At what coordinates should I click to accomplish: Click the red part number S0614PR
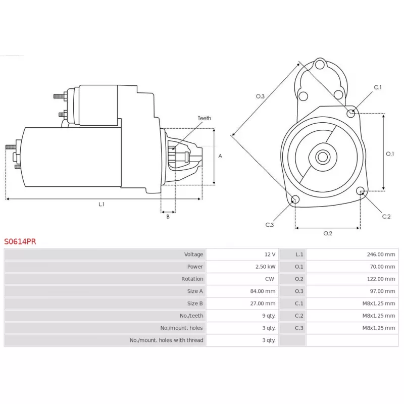point(20,241)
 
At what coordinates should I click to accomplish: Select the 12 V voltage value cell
point(269,254)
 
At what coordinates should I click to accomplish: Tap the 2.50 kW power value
point(265,267)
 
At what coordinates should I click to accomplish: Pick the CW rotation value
point(270,279)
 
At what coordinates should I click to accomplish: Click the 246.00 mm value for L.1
point(382,254)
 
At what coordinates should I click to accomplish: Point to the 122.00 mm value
point(382,279)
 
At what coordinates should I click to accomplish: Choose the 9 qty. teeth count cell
point(269,316)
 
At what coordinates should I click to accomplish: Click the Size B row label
point(195,304)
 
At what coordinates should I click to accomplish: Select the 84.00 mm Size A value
point(263,291)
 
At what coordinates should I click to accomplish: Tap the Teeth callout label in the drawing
point(204,118)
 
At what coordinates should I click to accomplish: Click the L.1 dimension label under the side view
point(102,204)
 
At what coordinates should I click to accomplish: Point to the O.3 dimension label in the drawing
point(260,96)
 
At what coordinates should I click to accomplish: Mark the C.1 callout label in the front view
point(378,88)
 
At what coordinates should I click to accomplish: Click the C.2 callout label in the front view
point(386,216)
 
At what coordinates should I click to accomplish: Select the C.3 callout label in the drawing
point(269,225)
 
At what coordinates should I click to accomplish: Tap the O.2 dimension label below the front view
point(327,233)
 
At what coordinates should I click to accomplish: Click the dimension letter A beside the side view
point(220,156)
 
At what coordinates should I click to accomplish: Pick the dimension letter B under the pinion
point(168,217)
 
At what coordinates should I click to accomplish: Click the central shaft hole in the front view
point(322,157)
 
